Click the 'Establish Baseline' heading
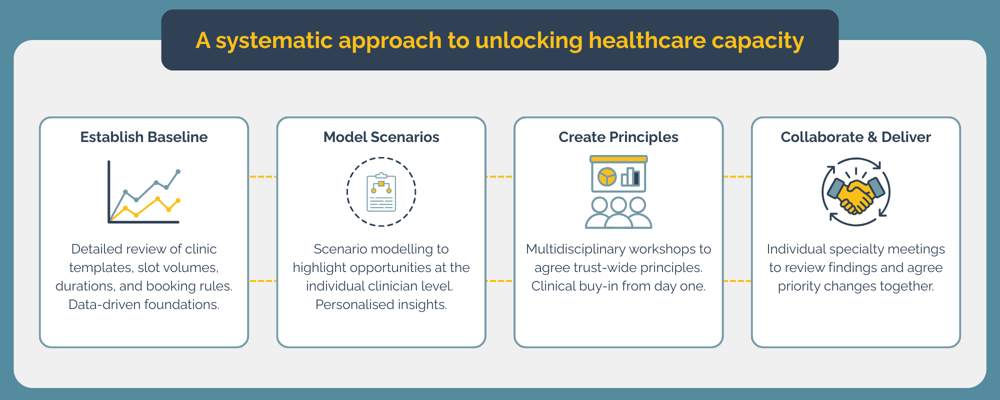coord(144,137)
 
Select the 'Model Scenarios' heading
coord(381,137)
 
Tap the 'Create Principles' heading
coord(618,137)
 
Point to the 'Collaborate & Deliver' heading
coord(856,137)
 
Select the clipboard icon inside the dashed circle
coord(381,192)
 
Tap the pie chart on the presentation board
coord(607,176)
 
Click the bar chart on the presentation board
coord(630,177)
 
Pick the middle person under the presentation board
coord(618,214)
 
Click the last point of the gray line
coord(178,171)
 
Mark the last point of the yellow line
coord(178,201)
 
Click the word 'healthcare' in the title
coord(646,40)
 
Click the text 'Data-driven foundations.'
coord(144,304)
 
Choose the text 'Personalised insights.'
coord(381,304)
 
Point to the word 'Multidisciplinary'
coord(576,249)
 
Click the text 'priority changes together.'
coord(856,286)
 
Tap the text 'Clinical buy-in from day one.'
coord(618,286)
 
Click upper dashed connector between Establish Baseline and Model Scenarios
coord(262,176)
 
